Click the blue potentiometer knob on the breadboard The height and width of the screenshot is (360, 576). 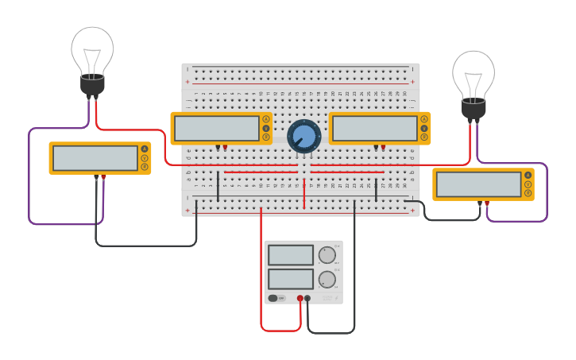(303, 137)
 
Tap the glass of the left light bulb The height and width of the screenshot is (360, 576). (92, 49)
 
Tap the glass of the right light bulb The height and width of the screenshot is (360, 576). (474, 73)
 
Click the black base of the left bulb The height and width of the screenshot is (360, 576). (92, 85)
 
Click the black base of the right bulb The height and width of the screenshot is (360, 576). (474, 109)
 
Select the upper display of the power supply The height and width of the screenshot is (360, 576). (291, 255)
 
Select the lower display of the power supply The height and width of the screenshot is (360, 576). (291, 279)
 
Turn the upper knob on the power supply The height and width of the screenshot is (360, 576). (327, 255)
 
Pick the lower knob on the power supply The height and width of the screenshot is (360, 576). (327, 280)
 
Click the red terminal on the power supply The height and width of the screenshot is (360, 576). (300, 299)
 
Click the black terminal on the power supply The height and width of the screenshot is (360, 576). (307, 299)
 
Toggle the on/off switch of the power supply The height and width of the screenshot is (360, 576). (273, 299)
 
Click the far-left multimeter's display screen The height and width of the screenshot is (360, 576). (95, 158)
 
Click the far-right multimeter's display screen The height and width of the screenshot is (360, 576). (479, 184)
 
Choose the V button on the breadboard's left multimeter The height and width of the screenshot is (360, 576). (265, 128)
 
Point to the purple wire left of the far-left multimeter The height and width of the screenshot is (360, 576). (29, 175)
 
